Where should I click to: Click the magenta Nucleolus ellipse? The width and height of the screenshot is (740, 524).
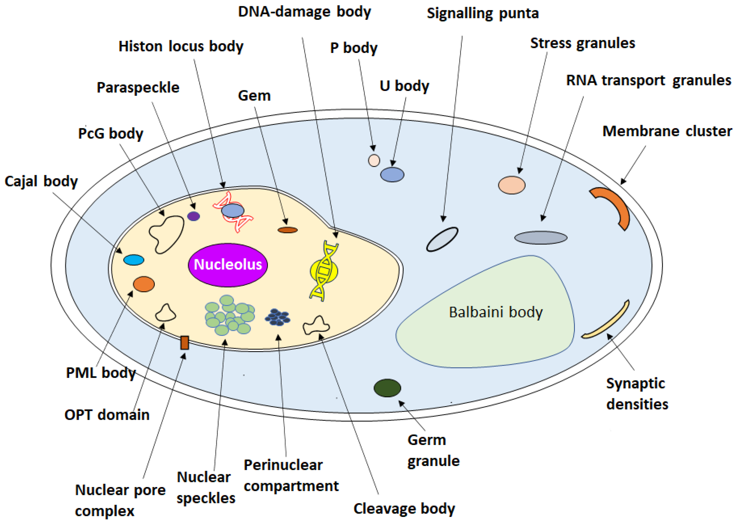coord(228,265)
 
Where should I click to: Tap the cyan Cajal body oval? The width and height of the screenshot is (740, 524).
coord(134,260)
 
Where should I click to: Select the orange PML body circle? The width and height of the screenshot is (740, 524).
coord(144,284)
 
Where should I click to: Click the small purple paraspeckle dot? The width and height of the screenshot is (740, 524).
coord(194,216)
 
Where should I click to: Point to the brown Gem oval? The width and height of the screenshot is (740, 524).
coord(288,230)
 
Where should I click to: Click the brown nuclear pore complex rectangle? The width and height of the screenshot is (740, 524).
coord(184,343)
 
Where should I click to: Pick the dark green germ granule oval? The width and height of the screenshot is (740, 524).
coord(387,388)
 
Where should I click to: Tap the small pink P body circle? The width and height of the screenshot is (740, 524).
coord(374,160)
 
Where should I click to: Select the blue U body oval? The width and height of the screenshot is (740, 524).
coord(392,175)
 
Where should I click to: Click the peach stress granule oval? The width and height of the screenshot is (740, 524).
coord(511,185)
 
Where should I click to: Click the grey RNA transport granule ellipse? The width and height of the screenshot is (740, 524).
coord(541,238)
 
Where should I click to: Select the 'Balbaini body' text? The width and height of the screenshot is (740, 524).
coord(496,312)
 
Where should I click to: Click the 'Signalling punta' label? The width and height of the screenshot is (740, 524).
coord(482,14)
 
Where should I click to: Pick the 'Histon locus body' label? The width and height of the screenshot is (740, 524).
coord(180,46)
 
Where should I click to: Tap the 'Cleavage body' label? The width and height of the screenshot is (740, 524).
coord(404,509)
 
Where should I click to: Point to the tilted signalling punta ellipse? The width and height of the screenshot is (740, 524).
coord(442,239)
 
